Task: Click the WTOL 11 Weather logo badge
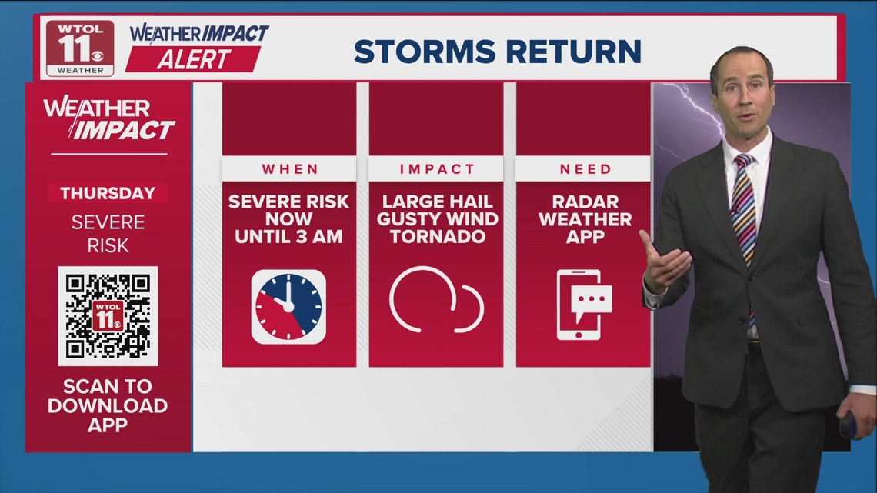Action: (80, 48)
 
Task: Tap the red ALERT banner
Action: (193, 59)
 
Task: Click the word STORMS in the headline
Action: (425, 52)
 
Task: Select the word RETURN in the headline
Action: (574, 52)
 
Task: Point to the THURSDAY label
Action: (108, 193)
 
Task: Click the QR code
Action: (108, 316)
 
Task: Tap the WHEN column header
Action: (290, 168)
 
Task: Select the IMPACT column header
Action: (437, 168)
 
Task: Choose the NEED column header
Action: (585, 168)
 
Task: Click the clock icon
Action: (288, 306)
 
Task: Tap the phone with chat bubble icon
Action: (583, 305)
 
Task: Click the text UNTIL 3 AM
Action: (288, 236)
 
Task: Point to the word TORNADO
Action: (438, 236)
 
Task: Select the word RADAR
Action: (585, 202)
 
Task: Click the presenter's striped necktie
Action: (744, 212)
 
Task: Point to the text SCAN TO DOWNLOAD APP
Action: (108, 405)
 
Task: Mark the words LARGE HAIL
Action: (438, 202)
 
